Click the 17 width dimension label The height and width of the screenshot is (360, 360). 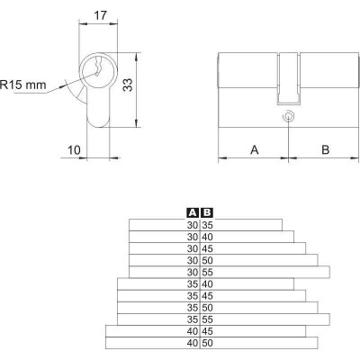(100, 15)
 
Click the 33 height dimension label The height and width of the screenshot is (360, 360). (128, 85)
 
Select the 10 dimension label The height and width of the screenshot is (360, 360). (74, 150)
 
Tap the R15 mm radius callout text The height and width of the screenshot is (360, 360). (23, 85)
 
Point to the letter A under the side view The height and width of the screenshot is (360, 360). (255, 149)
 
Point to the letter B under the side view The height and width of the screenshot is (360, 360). (325, 149)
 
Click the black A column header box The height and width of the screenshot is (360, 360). (193, 212)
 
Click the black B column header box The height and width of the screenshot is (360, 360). (207, 212)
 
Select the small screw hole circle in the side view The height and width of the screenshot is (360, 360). (289, 116)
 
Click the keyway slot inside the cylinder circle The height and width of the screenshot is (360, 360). (97, 67)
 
